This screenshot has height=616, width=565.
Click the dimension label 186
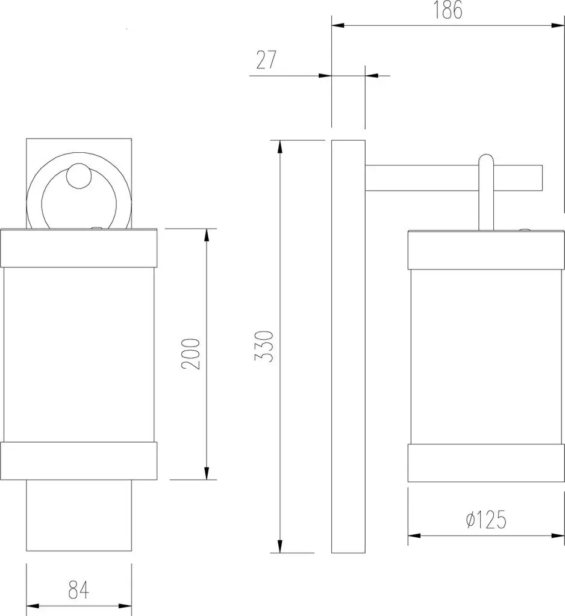click(448, 10)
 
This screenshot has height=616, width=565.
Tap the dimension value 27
click(266, 60)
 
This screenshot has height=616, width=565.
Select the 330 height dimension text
click(264, 346)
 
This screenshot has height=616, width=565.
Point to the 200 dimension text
click(191, 354)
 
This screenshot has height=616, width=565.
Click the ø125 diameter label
click(486, 519)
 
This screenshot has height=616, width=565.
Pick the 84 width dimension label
click(79, 590)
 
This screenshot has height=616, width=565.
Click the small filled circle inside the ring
click(78, 176)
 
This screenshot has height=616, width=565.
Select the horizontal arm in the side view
click(454, 178)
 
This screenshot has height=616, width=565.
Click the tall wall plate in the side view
click(348, 346)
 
